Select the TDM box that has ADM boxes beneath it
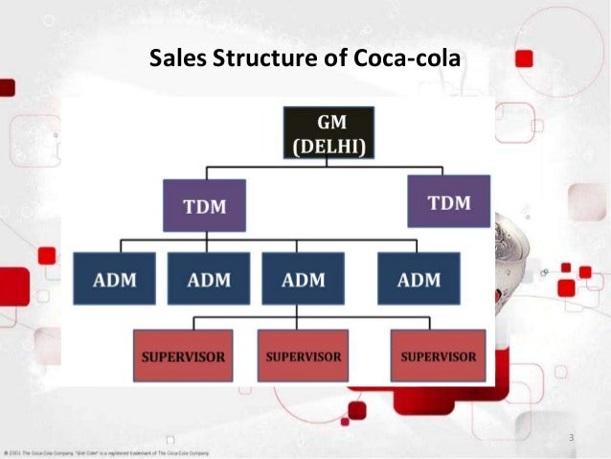click(203, 204)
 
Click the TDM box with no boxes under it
click(448, 201)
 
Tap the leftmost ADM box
click(115, 280)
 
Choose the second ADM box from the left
click(209, 280)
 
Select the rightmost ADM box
click(418, 280)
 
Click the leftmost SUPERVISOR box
click(183, 356)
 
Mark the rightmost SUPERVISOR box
click(438, 356)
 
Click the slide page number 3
click(571, 438)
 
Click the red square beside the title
click(523, 59)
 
